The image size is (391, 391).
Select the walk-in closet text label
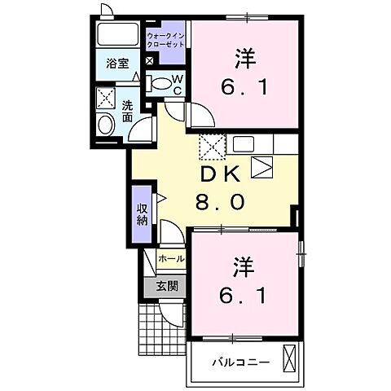[x=165, y=39]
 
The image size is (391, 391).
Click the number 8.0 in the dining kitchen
[x=220, y=201]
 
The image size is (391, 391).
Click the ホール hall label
[x=170, y=259]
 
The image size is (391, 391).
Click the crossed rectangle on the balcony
[x=289, y=359]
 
